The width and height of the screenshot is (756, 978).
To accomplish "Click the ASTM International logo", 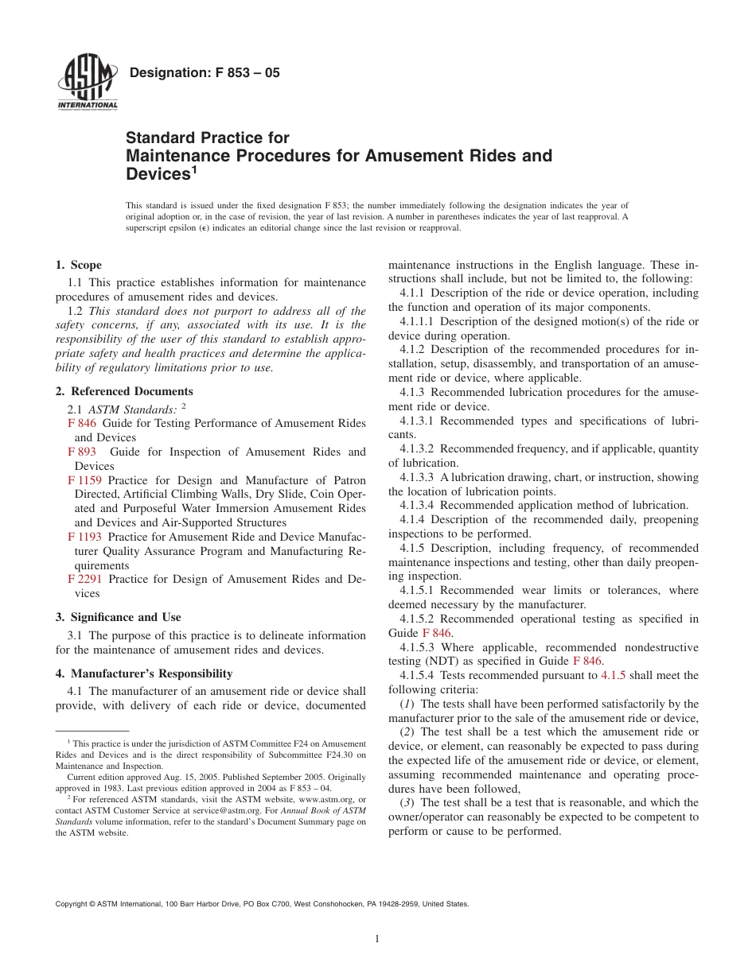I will coord(88,83).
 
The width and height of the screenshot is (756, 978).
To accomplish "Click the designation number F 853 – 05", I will coord(204,73).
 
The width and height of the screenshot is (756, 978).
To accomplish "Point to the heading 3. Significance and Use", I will coord(118,617).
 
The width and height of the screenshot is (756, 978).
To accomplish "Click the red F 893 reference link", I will coord(82,452).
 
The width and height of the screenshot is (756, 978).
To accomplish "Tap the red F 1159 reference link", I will coord(85,480).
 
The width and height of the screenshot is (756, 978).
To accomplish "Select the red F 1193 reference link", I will coord(85,537).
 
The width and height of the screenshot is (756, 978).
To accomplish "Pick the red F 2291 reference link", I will coord(85,579).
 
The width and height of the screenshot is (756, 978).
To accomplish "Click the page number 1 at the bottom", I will coord(377,939).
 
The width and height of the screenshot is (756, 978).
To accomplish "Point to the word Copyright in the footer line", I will coord(71,904).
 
